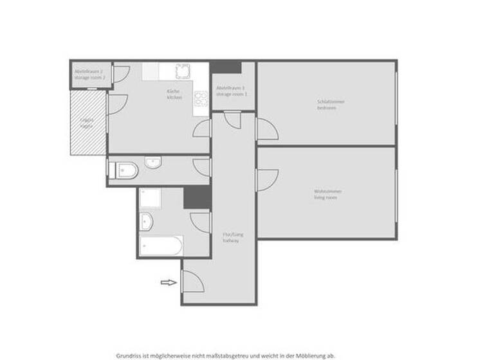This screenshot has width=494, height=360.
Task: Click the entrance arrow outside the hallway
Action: point(168,282)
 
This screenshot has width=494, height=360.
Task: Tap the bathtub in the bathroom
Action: point(161,245)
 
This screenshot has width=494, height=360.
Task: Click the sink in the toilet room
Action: point(153,163)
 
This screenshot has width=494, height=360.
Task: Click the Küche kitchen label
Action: point(174,94)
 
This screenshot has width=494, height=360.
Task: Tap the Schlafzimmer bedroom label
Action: point(327,104)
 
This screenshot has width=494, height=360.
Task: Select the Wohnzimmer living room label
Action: point(327,194)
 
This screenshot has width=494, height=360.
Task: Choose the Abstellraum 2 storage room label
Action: point(89,75)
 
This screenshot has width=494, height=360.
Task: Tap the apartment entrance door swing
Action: point(192,282)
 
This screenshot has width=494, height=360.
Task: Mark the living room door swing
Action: point(267,179)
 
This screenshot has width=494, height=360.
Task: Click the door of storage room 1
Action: point(233,119)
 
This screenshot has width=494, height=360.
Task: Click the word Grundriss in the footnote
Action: point(129,355)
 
